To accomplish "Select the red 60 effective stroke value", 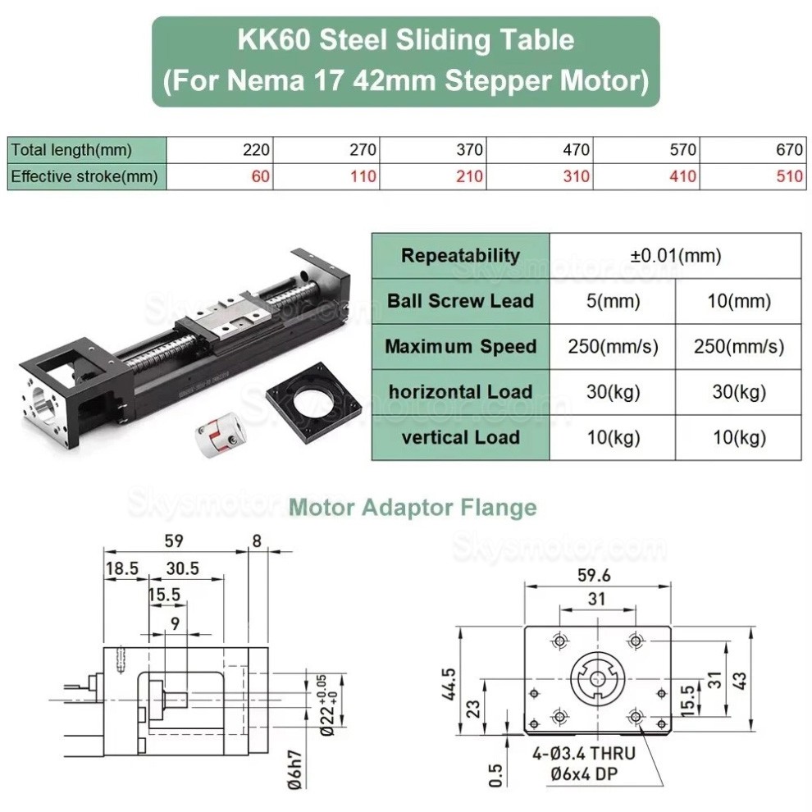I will point(261,176).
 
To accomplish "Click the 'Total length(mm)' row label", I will point(71,150).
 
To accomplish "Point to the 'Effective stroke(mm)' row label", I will point(84,176).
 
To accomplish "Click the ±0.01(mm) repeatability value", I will point(675,255).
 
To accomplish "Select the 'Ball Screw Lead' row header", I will point(460,300).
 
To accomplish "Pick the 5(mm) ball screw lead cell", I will point(613,300).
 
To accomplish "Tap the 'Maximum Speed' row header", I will point(460,346).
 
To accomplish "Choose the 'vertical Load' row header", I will point(460,437).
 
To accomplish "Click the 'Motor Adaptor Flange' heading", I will point(413,507).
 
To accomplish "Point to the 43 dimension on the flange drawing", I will point(741,680).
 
